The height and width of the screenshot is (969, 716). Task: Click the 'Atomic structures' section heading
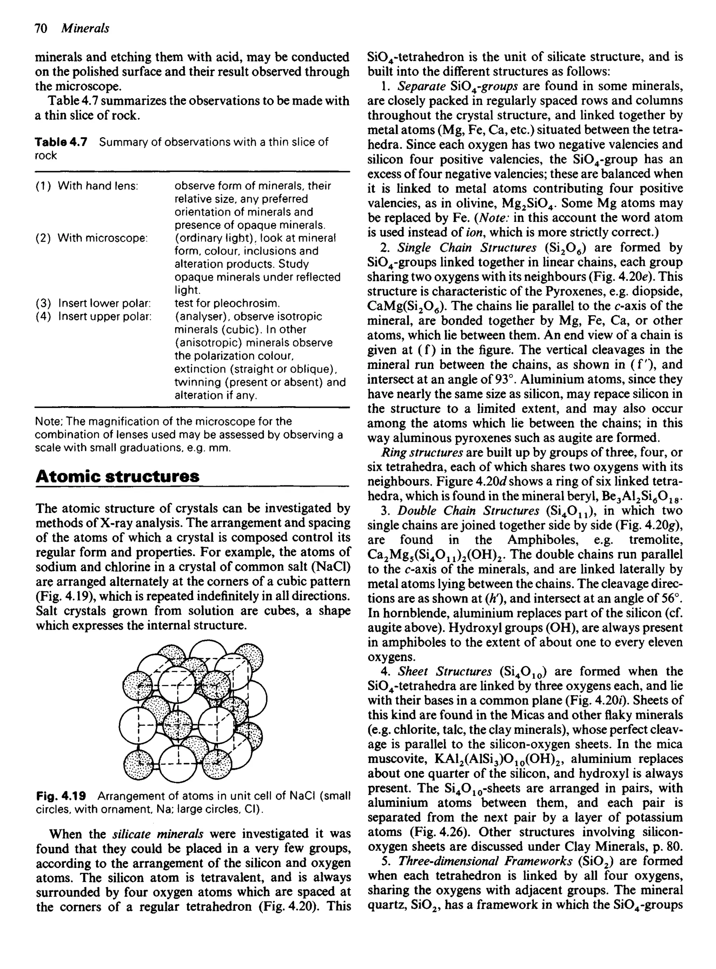pyautogui.click(x=117, y=476)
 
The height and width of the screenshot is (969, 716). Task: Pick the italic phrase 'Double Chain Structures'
pyautogui.click(x=468, y=511)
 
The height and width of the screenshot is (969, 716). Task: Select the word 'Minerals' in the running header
pyautogui.click(x=85, y=29)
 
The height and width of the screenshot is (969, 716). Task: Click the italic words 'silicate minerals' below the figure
pyautogui.click(x=158, y=834)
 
